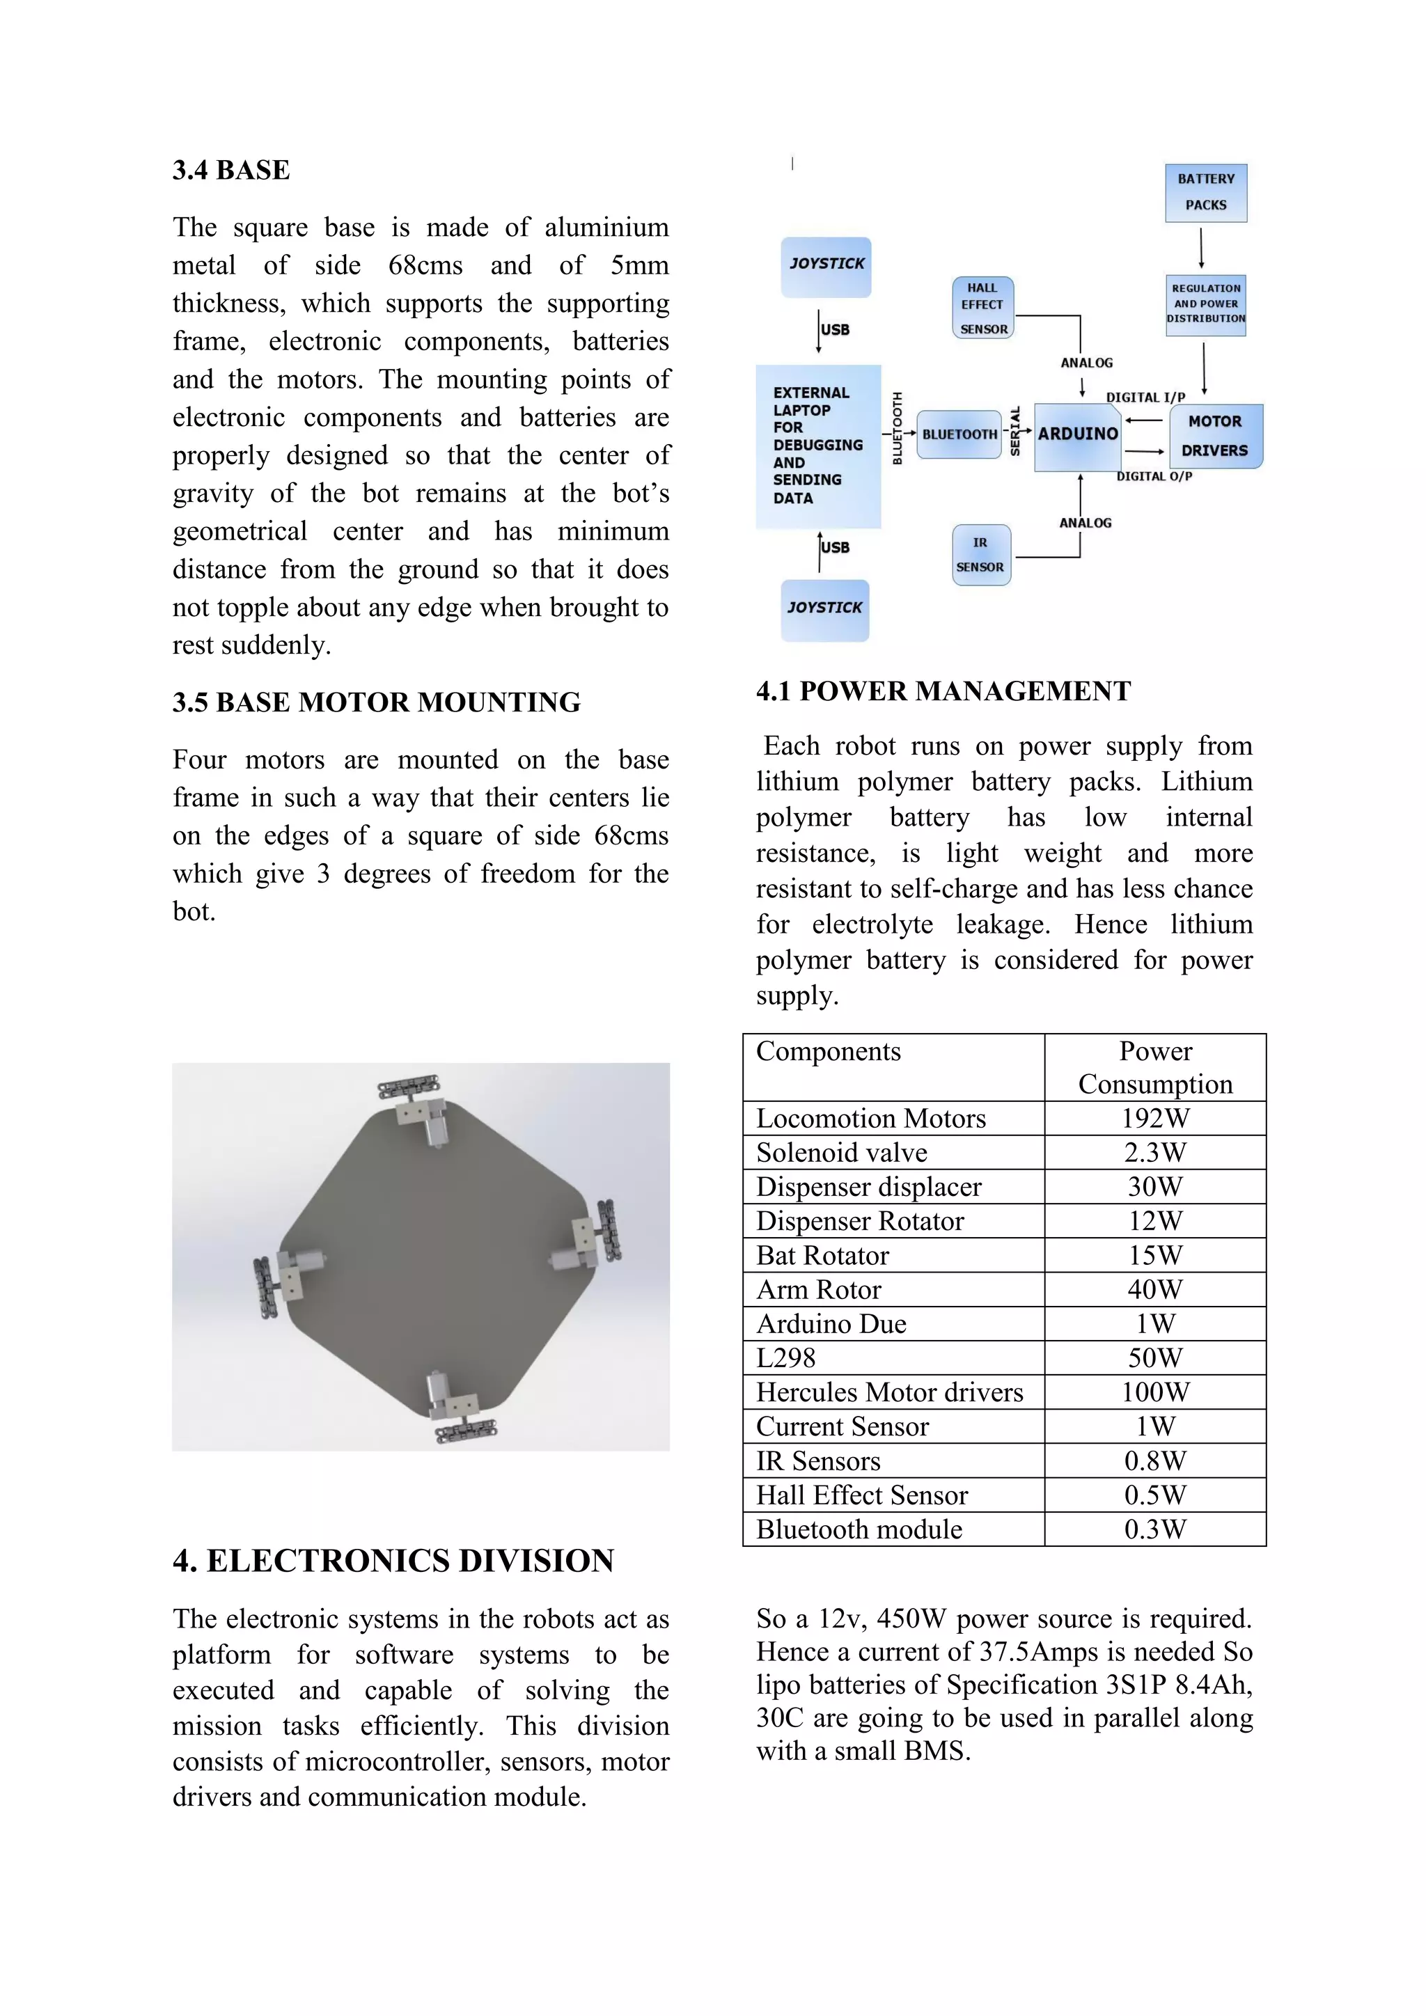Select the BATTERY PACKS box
click(1205, 192)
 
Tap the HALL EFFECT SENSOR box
click(982, 307)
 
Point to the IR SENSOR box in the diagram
click(981, 555)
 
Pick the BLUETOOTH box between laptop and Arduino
click(959, 434)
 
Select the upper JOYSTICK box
click(826, 266)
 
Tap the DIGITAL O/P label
click(1154, 477)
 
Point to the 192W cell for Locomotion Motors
click(1154, 1119)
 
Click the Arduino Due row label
click(831, 1324)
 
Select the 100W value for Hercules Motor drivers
click(1154, 1392)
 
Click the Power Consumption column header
click(1154, 1068)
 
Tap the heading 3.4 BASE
click(231, 171)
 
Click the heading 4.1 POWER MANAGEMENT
click(943, 691)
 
